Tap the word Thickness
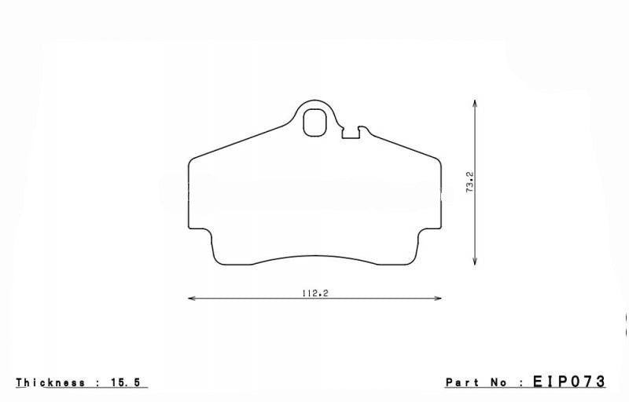point(50,382)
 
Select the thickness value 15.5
point(130,382)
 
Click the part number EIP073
point(570,382)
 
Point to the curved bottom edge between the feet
point(314,256)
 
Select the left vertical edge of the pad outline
point(189,196)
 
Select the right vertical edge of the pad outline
point(440,196)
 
